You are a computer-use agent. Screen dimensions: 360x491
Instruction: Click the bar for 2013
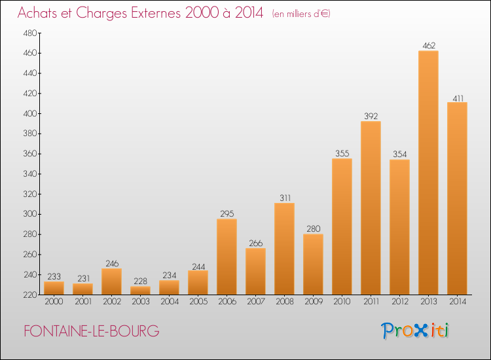428,173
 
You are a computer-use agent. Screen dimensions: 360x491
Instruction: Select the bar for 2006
227,257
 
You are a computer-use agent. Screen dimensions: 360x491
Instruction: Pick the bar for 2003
140,290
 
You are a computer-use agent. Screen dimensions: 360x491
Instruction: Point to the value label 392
371,117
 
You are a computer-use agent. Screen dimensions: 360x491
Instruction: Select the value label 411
457,98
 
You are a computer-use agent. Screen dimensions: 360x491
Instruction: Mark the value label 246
111,264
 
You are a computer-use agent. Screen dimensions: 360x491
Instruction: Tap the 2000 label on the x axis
54,302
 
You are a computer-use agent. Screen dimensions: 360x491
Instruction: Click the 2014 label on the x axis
457,302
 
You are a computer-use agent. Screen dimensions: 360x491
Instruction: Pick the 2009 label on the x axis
313,302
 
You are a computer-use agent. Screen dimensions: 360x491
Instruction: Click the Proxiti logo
416,331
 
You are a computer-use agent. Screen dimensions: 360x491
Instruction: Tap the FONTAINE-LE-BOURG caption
91,331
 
